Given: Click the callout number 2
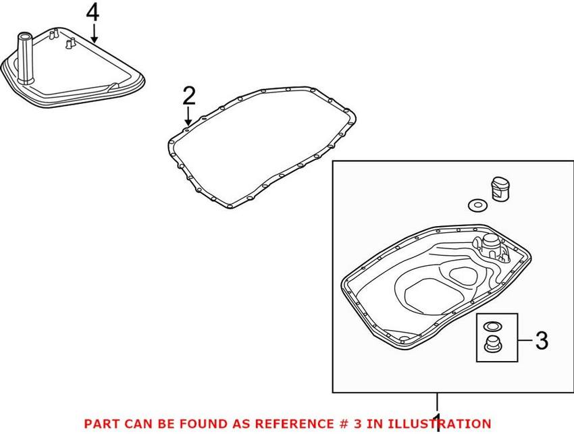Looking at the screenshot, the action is [189, 96].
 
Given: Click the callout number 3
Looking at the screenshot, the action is [542, 340].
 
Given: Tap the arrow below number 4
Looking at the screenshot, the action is [95, 33].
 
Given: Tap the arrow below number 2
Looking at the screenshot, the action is [188, 116].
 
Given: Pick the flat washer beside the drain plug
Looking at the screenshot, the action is [477, 205].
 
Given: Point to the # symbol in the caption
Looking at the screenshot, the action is [340, 424].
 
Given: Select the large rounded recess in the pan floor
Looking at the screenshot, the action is [432, 294].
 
